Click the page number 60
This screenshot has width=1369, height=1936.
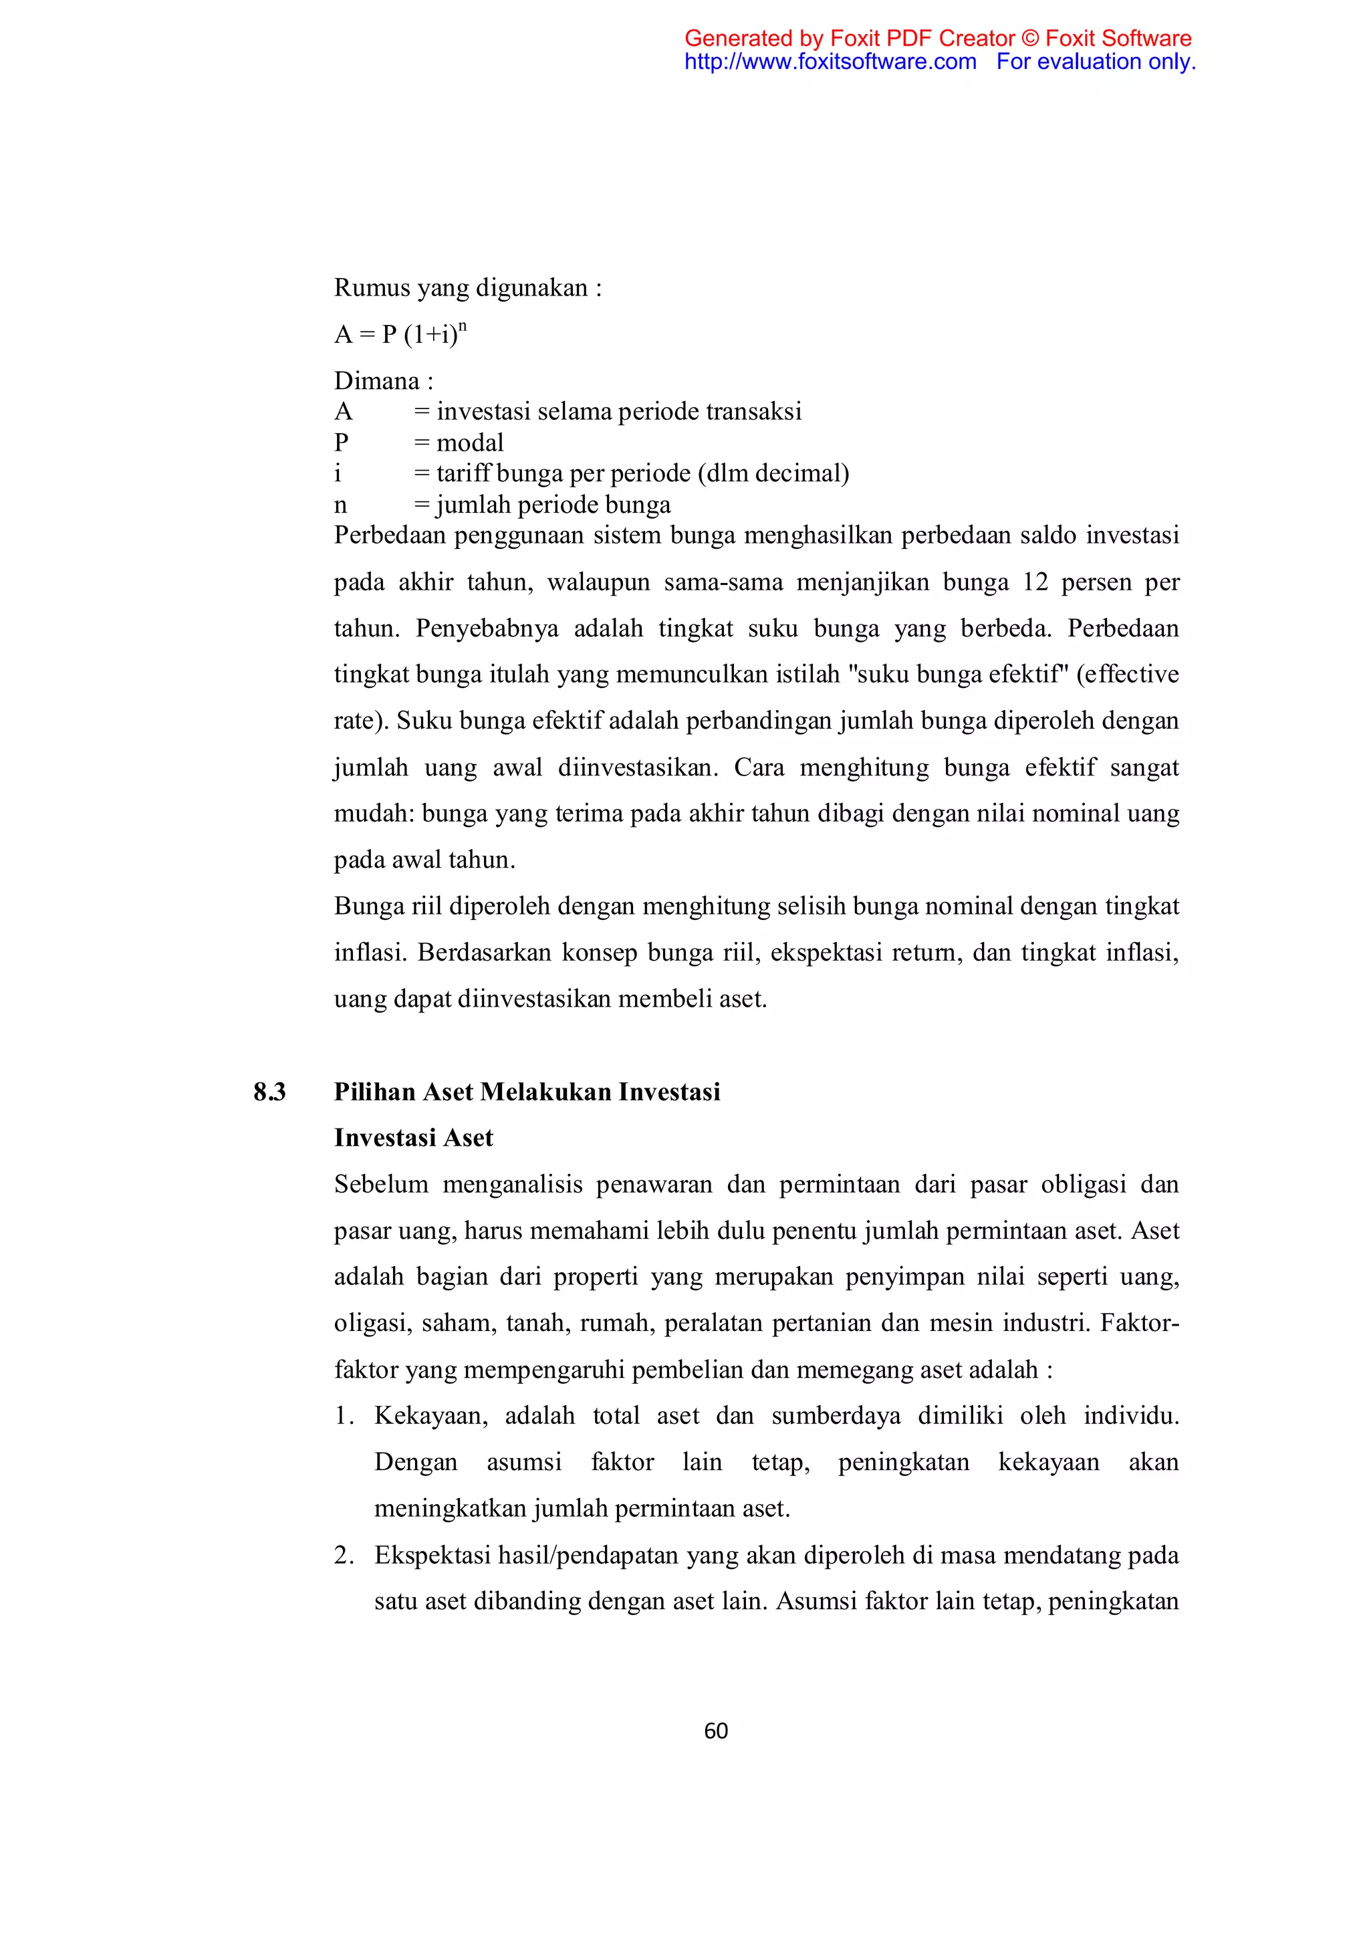click(x=716, y=1731)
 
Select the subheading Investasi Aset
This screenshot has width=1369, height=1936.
click(x=413, y=1138)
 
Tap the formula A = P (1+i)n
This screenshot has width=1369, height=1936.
click(x=400, y=335)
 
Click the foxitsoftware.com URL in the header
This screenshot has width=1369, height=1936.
click(x=830, y=62)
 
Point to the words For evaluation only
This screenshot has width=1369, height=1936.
click(x=1096, y=62)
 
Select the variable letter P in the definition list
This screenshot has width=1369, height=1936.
click(x=342, y=443)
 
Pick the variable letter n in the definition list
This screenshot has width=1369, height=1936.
click(x=340, y=505)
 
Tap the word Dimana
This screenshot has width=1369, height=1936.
click(x=377, y=381)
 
